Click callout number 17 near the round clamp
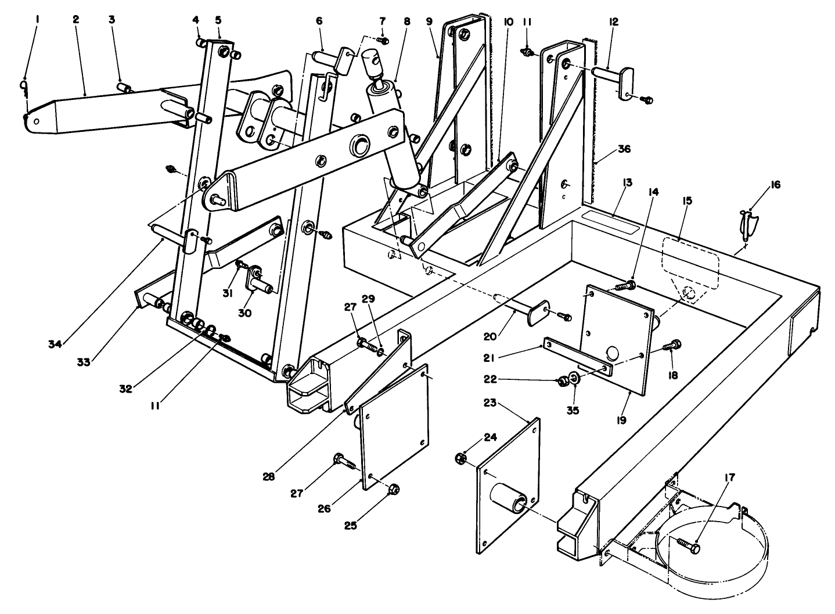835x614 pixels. pos(730,477)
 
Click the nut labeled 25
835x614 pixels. pos(393,489)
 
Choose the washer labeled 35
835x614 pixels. pos(575,379)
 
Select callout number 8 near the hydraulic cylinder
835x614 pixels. pos(406,22)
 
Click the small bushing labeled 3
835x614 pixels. pos(124,88)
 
